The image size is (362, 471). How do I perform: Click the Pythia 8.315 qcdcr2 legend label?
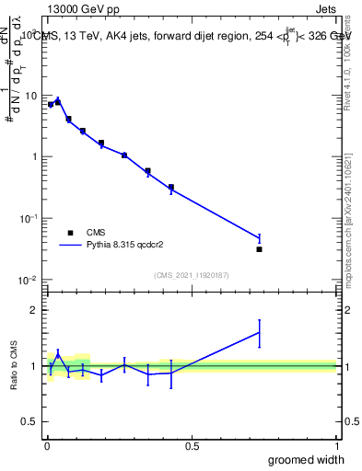132,246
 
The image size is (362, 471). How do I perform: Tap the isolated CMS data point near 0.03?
260,249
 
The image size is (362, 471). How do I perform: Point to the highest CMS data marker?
58,102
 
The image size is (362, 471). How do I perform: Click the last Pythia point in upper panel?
260,238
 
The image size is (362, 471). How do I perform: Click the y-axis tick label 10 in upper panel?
29,95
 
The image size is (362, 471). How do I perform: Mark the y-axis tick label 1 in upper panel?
33,156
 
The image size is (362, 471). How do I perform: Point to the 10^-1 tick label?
29,218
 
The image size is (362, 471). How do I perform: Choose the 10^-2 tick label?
29,280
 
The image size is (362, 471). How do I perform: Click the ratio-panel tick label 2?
32,310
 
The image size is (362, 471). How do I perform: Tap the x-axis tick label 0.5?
192,446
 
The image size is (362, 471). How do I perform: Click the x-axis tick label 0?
46,446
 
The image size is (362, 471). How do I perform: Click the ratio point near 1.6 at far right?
260,333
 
